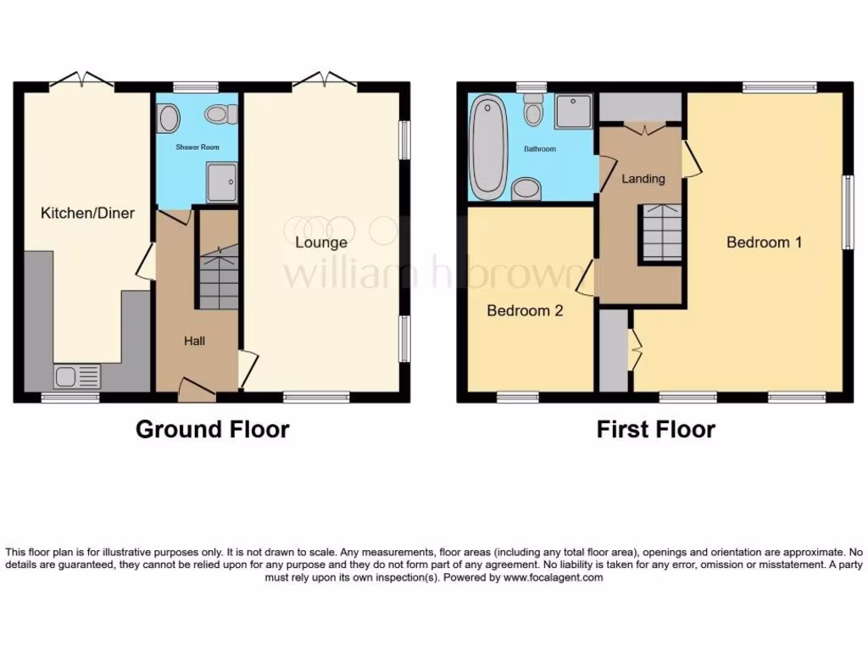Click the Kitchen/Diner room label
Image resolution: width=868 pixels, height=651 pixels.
coord(87,213)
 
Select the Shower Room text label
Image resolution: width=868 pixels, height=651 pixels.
coord(198,147)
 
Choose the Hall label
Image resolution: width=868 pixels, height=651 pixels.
coord(195,341)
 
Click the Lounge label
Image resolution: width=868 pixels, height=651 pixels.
coord(320,242)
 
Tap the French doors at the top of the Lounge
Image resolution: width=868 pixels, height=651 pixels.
coord(325,81)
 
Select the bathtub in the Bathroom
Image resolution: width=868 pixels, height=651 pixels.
coord(487,147)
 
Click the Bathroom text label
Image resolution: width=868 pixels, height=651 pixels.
coord(539,149)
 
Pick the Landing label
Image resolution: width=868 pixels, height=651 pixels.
coord(643,179)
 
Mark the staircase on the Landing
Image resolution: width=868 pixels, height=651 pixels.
coord(660,232)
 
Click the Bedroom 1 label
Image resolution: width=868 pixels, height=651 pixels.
coord(764,242)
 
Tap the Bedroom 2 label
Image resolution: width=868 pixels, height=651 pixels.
coord(525,311)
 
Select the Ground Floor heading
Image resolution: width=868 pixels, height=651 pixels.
coord(212,430)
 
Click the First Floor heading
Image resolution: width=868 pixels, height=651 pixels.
coord(655,430)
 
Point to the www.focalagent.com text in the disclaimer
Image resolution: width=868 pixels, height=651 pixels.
coord(554,577)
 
